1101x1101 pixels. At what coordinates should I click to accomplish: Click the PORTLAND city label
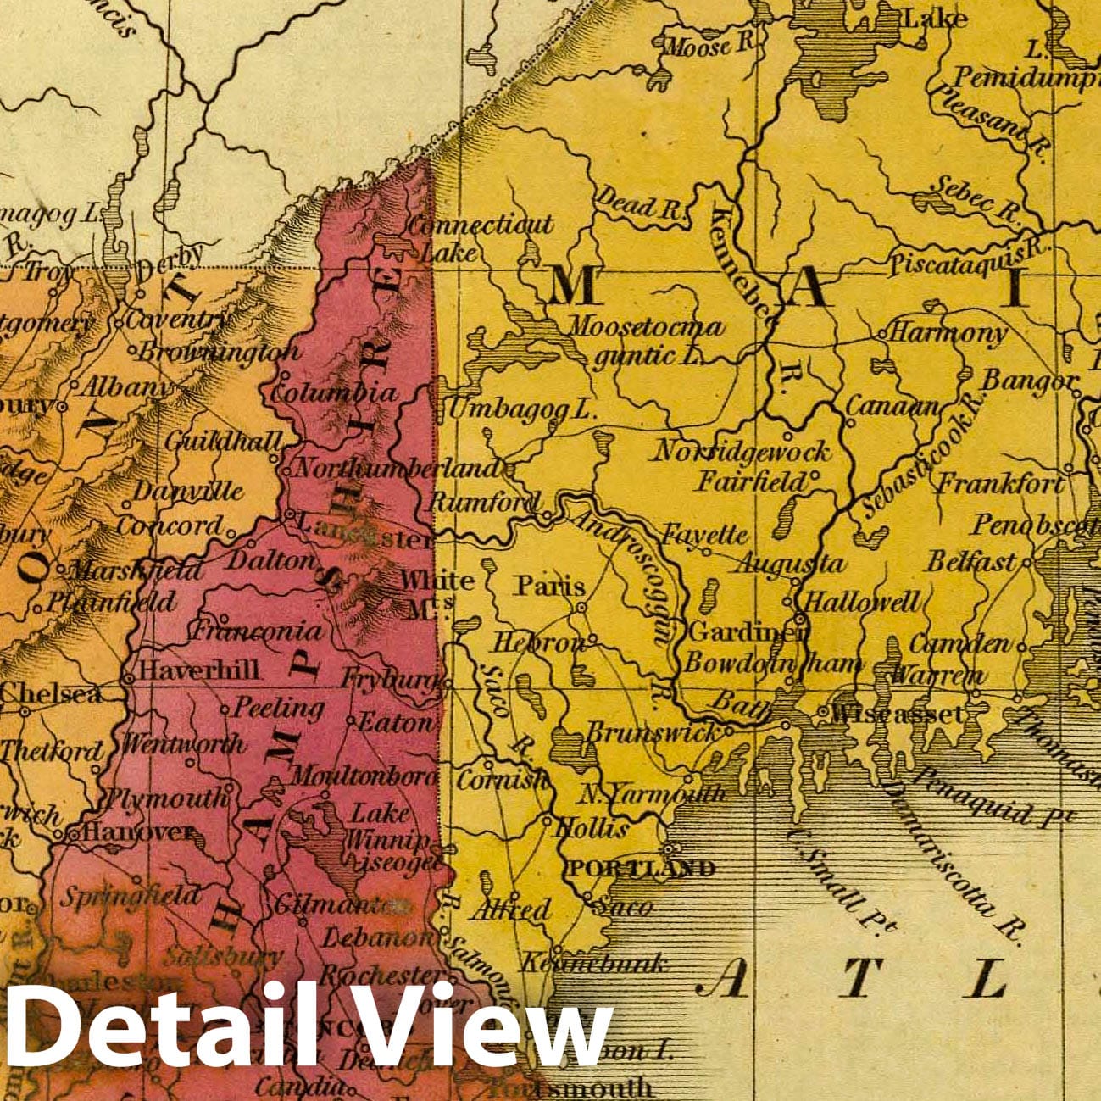coord(641,868)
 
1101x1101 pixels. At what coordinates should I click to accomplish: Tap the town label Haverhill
coord(199,670)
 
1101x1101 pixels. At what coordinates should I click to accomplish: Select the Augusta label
coord(789,564)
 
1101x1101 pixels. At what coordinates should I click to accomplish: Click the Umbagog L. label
coord(522,410)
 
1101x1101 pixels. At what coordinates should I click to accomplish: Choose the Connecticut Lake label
coord(479,238)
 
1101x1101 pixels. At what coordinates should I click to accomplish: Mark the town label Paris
coord(551,586)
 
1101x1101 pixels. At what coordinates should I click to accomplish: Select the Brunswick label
coord(651,732)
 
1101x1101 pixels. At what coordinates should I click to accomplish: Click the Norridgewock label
coord(740,451)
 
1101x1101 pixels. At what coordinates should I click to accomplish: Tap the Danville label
coord(188,492)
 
